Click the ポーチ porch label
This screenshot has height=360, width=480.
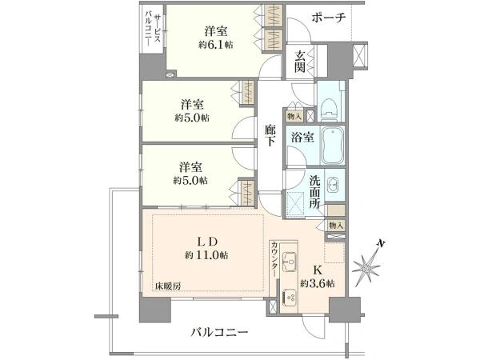point(329,18)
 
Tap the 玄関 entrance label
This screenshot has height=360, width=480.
point(300,62)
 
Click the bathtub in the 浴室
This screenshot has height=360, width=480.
point(333,145)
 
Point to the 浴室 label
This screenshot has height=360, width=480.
point(302,137)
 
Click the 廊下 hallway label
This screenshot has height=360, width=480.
point(270,134)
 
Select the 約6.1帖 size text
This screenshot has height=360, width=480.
point(215,45)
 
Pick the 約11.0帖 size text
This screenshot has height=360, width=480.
point(206,255)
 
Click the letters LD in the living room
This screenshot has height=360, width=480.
point(207,242)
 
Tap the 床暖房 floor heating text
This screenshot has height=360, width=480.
point(167,286)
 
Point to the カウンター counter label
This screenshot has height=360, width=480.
point(274,258)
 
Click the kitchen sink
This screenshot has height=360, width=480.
point(289,262)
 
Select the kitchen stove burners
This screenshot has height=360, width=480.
point(289,297)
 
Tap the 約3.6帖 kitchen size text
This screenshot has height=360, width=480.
point(317,283)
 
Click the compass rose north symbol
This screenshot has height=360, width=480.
point(367,267)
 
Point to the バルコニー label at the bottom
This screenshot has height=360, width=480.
point(219,332)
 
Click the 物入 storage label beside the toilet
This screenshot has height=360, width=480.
point(294,116)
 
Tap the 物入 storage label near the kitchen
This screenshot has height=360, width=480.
point(336,226)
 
